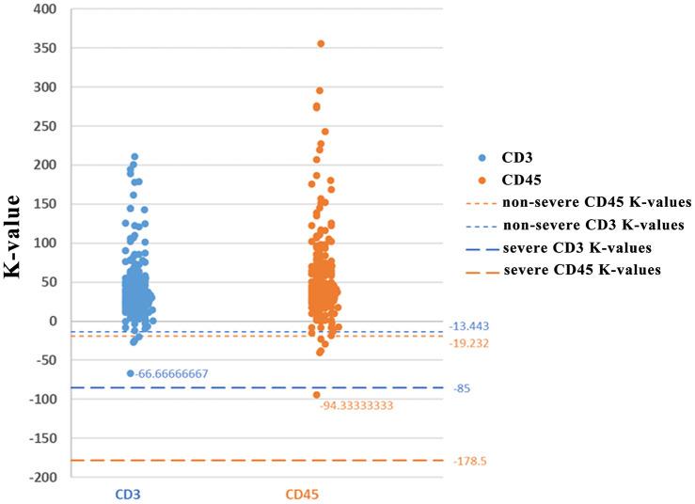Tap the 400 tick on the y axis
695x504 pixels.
pos(44,9)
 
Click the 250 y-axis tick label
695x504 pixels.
pos(44,127)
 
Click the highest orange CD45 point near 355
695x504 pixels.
pos(321,44)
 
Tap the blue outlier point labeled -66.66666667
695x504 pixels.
pos(131,373)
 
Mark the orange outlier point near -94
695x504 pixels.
pos(317,395)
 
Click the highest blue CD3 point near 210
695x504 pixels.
pos(134,157)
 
